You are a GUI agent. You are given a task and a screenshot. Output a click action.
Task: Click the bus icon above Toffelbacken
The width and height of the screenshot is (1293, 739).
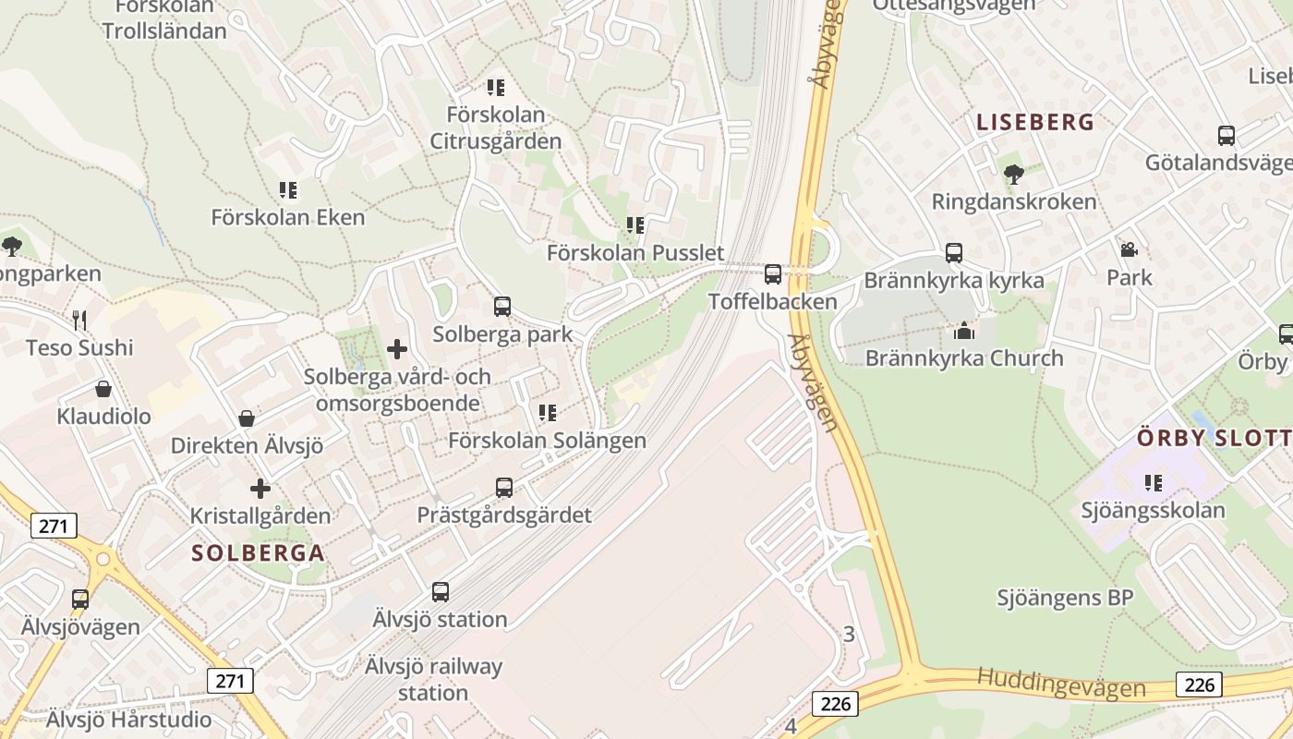[773, 274]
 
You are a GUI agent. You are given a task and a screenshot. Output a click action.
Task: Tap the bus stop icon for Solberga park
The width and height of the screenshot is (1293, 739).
[502, 307]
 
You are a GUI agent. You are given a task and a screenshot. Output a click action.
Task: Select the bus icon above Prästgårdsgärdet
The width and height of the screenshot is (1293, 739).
[504, 487]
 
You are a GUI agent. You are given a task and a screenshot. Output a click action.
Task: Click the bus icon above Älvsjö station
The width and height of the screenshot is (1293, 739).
[441, 592]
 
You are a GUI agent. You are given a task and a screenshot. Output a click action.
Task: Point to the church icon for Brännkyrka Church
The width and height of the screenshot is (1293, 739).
[964, 331]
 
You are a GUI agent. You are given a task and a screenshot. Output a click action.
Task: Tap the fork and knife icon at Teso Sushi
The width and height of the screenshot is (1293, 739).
[79, 321]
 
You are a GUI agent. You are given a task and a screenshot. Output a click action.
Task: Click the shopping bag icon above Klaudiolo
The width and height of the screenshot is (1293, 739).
[103, 389]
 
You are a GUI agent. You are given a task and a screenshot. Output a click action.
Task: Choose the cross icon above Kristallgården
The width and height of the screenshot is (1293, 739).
[260, 488]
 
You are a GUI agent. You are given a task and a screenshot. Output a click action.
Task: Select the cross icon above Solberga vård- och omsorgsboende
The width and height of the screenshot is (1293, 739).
[397, 349]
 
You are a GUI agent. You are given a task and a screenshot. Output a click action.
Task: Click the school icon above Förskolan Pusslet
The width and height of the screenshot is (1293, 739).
[634, 225]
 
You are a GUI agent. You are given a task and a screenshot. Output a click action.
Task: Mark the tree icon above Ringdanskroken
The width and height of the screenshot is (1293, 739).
[1014, 174]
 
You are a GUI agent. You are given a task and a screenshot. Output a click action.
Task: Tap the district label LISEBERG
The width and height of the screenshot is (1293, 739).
[1035, 122]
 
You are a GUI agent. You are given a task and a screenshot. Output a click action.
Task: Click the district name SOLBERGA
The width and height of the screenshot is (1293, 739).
[258, 553]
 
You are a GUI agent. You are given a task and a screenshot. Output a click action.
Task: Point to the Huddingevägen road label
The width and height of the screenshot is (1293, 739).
[1061, 683]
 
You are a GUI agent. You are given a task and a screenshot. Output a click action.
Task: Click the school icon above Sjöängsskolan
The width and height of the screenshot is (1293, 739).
[1153, 482]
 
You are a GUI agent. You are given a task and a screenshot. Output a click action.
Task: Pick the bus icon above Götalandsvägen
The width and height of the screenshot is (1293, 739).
[1227, 136]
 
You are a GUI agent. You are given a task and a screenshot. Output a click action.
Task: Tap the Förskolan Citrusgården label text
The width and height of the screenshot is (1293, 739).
[496, 128]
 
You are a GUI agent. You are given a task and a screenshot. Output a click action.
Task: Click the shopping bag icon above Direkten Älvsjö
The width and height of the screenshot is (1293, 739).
[247, 418]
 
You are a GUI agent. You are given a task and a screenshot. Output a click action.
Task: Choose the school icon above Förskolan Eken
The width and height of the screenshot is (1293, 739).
[288, 190]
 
